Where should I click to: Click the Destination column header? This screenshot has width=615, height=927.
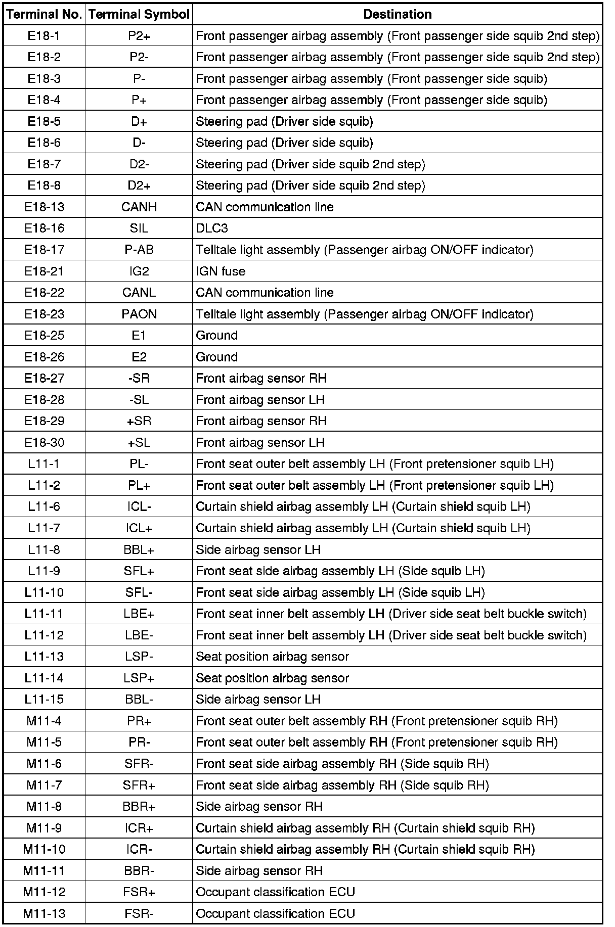tap(398, 14)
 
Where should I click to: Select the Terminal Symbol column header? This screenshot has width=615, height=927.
tap(139, 14)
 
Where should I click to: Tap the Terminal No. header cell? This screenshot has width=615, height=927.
tap(45, 14)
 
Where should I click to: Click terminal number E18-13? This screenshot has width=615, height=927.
tap(45, 207)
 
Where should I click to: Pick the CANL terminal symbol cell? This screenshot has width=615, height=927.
tap(139, 293)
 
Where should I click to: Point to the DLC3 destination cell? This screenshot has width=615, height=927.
tap(212, 228)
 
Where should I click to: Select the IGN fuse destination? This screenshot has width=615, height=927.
tap(221, 271)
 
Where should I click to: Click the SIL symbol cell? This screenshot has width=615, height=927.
tap(139, 228)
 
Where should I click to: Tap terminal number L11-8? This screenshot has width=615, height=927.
tap(45, 549)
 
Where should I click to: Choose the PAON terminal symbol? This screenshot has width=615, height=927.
tap(139, 314)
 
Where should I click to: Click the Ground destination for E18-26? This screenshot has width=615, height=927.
tap(217, 357)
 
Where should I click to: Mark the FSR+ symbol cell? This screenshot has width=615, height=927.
tap(139, 892)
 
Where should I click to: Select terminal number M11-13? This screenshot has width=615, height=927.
tap(45, 913)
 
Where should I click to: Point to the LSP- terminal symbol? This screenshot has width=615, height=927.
tap(139, 657)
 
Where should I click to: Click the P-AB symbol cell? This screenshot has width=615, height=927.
tap(139, 250)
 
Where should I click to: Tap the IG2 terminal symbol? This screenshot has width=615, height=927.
tap(139, 271)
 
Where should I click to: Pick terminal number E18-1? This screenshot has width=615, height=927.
tap(45, 36)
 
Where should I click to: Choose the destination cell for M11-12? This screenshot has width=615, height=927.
tap(276, 892)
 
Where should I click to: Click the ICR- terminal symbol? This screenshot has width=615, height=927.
tap(139, 849)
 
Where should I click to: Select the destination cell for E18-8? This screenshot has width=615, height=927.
tap(311, 186)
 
